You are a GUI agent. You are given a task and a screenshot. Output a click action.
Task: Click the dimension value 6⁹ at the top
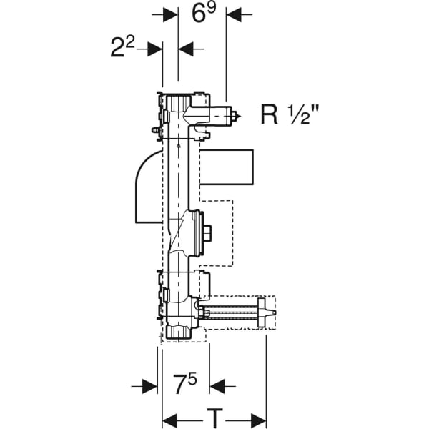pos(202,14)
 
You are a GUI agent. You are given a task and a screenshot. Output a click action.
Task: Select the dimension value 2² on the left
pos(122,49)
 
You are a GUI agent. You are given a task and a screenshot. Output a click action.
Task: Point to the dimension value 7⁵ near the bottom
pos(184,386)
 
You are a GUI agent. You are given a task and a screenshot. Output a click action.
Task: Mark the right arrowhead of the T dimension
pos(258,417)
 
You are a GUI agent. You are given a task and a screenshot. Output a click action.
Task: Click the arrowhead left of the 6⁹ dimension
pos(170,14)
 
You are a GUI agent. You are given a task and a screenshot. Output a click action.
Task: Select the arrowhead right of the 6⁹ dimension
pos(234,14)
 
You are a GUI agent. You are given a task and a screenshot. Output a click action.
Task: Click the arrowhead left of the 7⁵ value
pos(149,386)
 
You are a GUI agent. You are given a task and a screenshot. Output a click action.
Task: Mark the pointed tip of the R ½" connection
pos(238,114)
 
